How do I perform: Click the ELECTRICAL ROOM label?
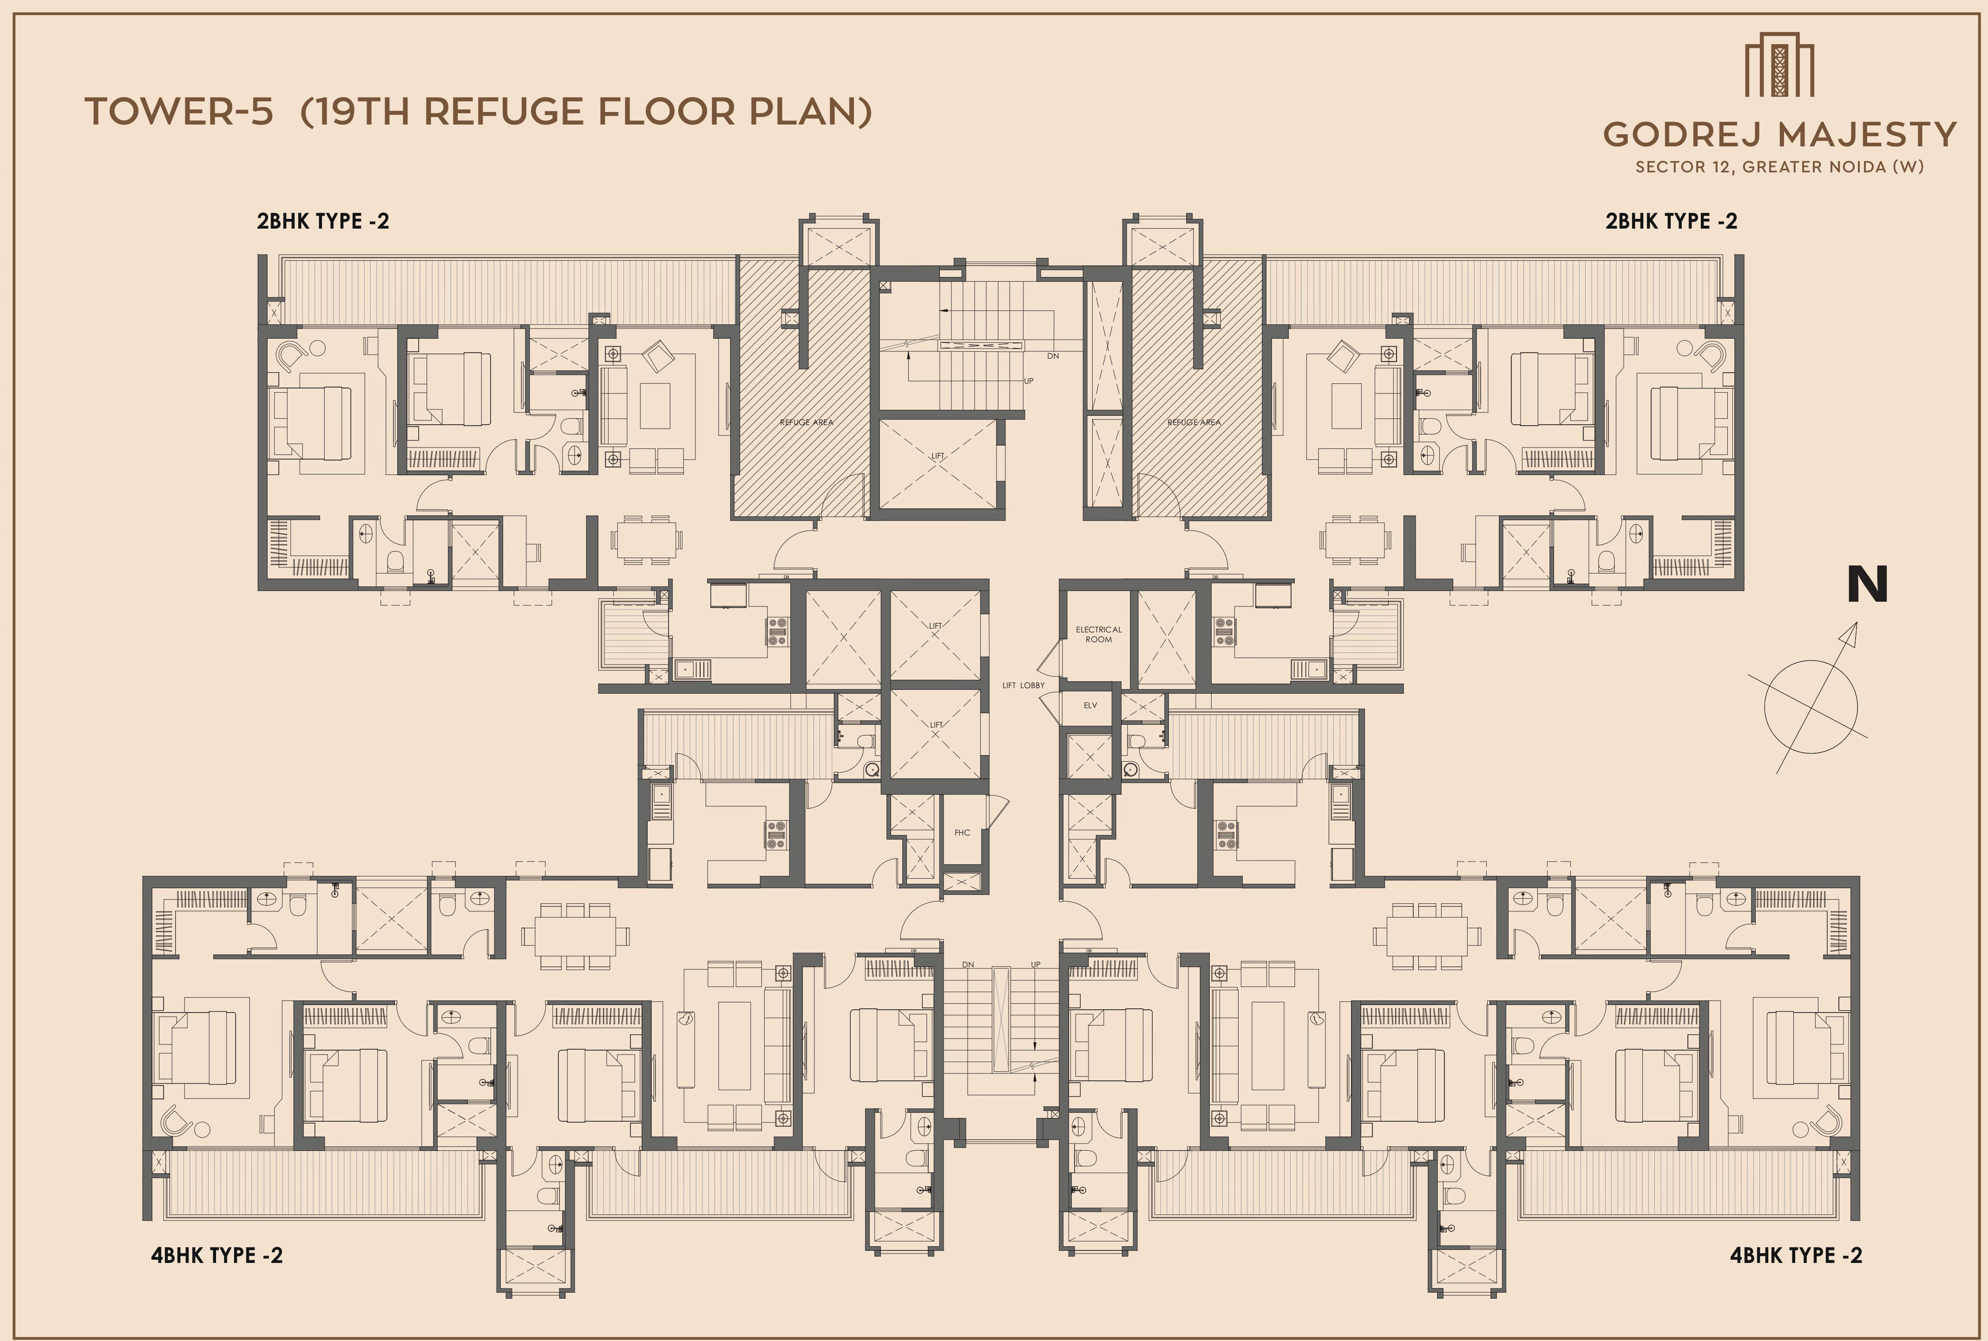tap(1099, 634)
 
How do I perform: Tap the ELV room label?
tap(1090, 705)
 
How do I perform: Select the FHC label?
tap(962, 832)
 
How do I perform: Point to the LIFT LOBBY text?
tap(1024, 685)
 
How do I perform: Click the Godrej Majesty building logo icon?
tap(1779, 64)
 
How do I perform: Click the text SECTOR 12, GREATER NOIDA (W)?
tap(1779, 167)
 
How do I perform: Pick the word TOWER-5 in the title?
tap(179, 112)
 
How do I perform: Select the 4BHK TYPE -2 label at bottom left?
tap(217, 1256)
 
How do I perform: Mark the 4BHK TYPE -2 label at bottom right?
tap(1796, 1256)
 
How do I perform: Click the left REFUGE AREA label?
tap(807, 422)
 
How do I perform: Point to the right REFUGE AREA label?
tap(1194, 422)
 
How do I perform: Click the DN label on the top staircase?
tap(1053, 356)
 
